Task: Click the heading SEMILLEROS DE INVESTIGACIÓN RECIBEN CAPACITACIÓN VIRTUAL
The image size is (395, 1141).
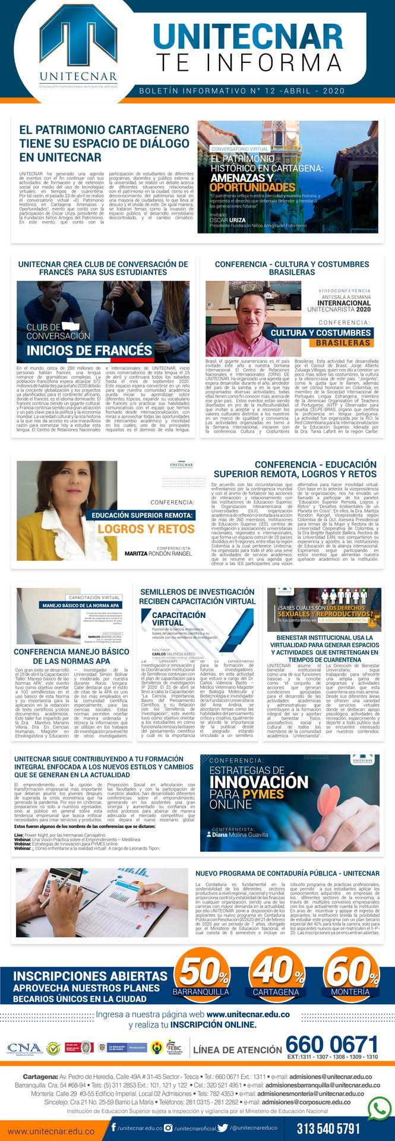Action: (x=197, y=595)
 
